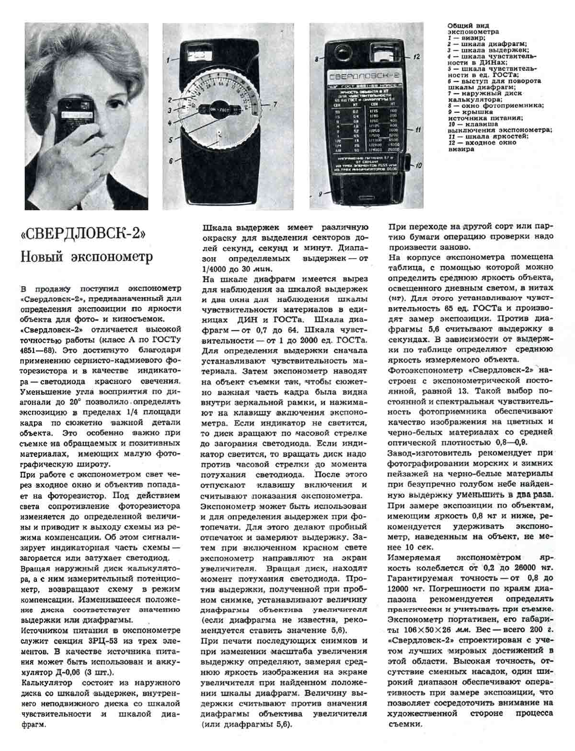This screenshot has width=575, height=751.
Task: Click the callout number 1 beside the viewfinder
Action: coord(169,60)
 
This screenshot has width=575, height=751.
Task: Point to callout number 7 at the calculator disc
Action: coord(275,104)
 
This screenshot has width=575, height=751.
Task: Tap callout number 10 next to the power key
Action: coord(418,166)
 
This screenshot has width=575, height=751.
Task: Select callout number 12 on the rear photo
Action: coord(417,57)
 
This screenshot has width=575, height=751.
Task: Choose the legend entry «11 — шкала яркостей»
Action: coord(488,137)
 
